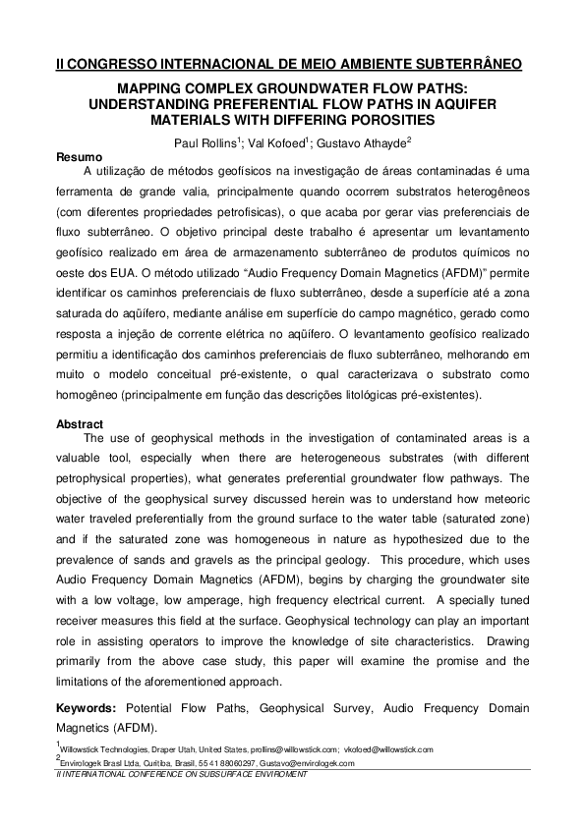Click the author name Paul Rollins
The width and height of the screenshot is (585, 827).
click(203, 142)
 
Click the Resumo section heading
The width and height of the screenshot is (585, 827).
click(78, 156)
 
